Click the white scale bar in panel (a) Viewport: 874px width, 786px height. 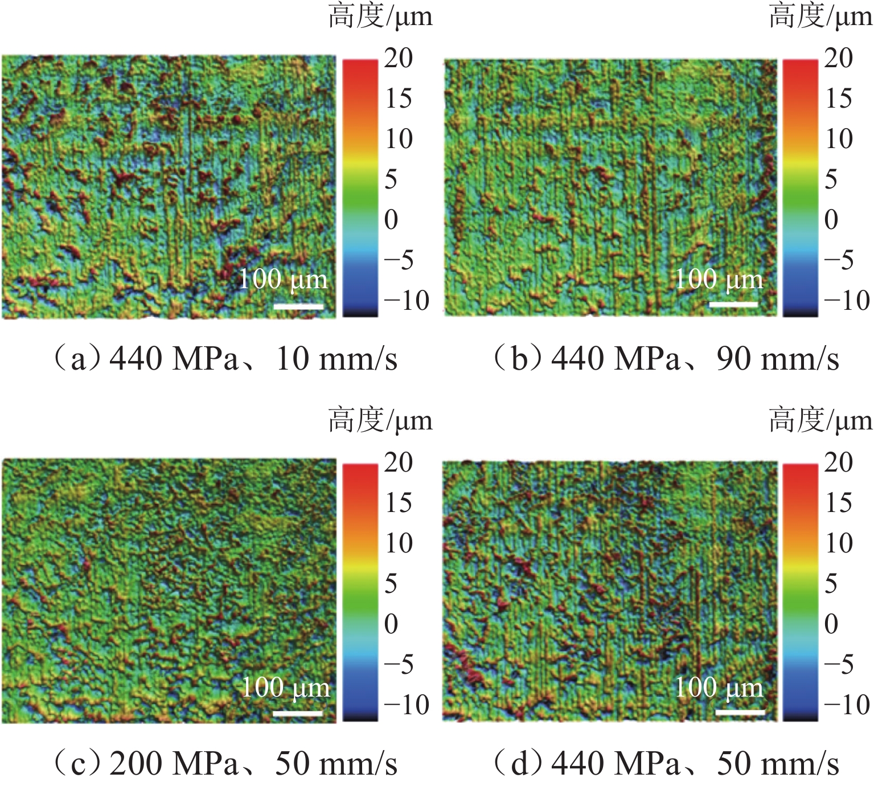298,306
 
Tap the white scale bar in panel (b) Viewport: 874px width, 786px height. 733,305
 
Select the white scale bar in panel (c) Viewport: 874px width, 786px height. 297,713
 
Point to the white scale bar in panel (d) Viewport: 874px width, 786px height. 740,712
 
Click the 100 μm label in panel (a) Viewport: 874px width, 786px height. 283,280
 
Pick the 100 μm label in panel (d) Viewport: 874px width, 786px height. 719,687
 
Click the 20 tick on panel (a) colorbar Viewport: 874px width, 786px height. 398,58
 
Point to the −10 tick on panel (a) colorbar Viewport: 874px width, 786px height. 406,300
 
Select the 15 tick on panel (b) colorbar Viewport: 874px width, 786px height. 839,99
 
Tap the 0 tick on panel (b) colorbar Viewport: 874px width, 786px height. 831,220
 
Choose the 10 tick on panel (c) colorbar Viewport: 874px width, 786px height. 398,543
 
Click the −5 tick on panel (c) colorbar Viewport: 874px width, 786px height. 399,664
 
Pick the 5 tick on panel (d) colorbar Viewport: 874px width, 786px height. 831,583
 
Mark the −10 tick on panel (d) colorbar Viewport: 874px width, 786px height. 847,705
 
